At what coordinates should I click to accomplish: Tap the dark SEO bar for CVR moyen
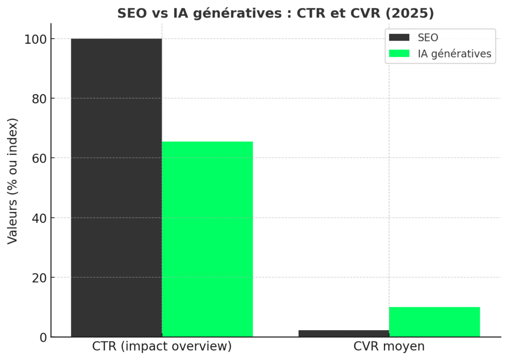(x=344, y=334)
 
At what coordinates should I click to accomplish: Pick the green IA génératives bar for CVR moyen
(x=435, y=322)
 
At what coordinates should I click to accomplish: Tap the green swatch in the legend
(x=399, y=54)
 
